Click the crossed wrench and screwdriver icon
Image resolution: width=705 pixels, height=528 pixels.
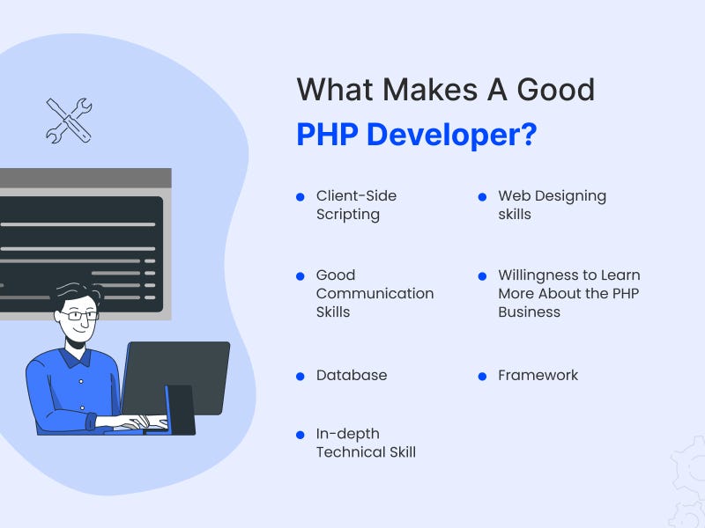69,121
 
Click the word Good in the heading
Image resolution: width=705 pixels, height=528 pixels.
556,90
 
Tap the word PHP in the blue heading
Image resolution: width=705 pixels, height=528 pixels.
327,135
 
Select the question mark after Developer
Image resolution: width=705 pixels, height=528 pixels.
528,135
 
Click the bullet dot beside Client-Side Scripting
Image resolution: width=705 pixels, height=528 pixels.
301,196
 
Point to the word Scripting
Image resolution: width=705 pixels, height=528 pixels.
347,215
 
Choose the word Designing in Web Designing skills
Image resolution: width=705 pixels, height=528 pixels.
570,196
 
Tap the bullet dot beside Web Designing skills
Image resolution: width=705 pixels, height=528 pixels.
482,196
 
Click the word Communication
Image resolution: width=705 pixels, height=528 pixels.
375,293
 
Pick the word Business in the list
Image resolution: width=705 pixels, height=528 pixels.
530,312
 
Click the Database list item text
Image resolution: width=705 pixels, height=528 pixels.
352,375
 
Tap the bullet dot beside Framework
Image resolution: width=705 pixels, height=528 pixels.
482,377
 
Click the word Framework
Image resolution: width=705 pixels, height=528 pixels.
538,375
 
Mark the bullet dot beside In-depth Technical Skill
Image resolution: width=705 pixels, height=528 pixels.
301,435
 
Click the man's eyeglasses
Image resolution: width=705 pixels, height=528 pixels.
79,316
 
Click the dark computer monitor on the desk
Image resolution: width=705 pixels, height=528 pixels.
176,378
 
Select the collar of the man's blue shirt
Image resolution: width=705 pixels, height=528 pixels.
76,357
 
